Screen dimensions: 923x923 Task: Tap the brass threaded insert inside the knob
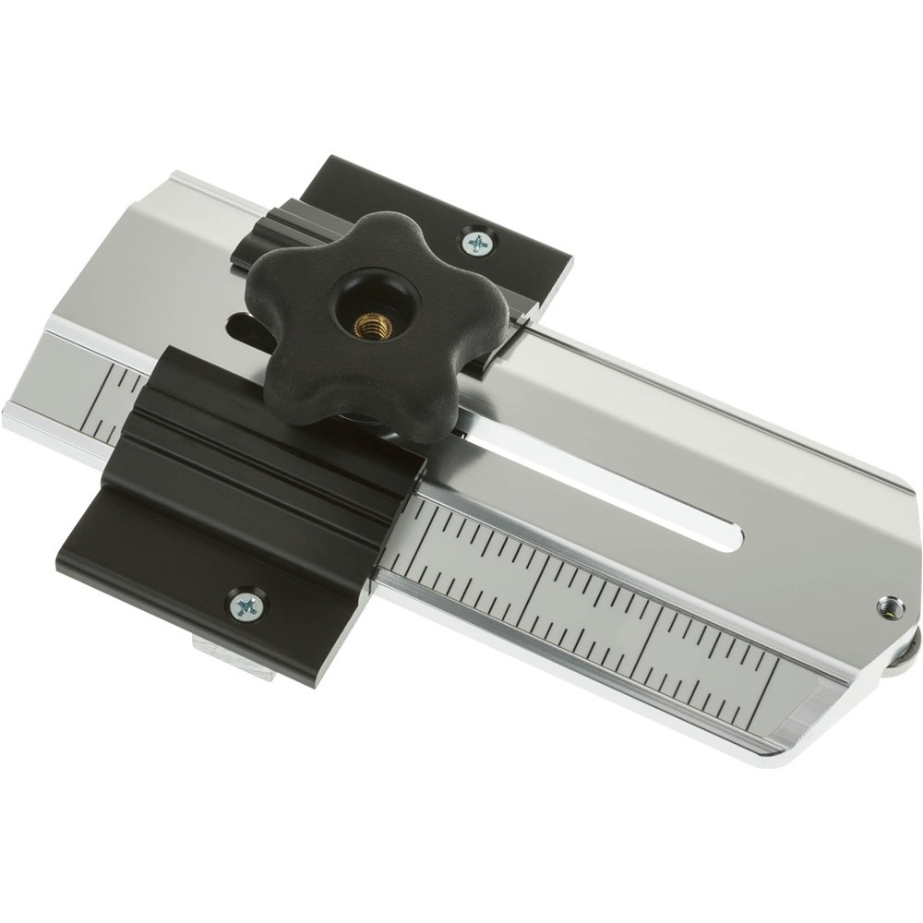pyautogui.click(x=373, y=324)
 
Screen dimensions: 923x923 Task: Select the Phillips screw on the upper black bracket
pyautogui.click(x=478, y=244)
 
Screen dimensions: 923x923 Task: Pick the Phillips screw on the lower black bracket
pyautogui.click(x=246, y=605)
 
